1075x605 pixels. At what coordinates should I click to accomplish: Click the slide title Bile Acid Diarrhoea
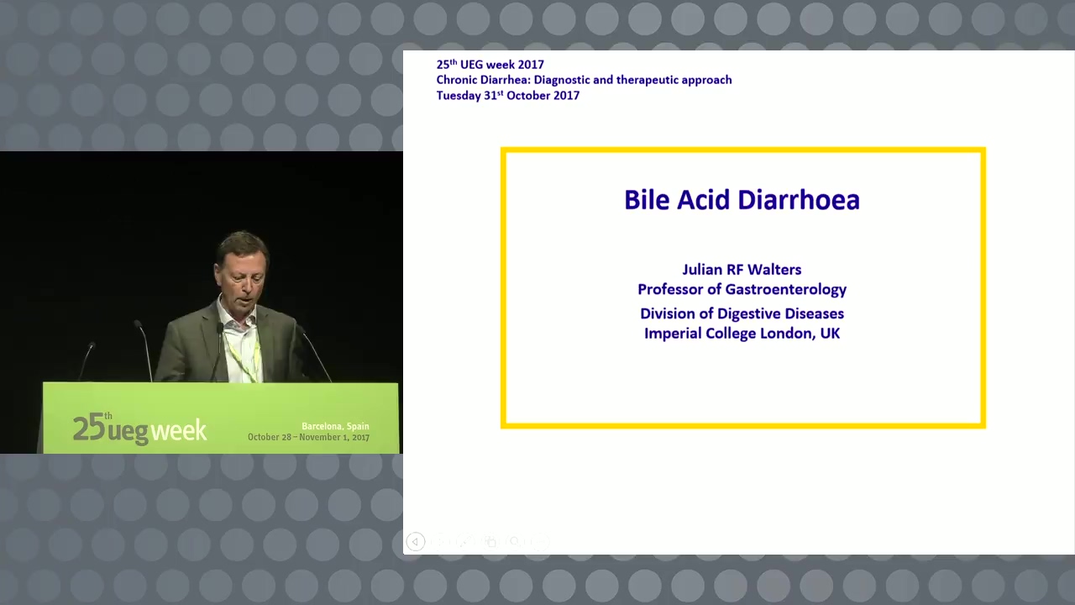click(x=742, y=200)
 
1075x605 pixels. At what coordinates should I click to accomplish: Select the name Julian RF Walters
click(x=742, y=270)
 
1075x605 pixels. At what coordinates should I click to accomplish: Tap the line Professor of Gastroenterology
click(x=742, y=290)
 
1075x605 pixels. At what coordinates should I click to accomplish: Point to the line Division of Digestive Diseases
click(x=742, y=313)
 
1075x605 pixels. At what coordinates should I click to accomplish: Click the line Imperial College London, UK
click(x=742, y=334)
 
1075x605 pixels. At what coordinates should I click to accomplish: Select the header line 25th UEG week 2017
click(x=490, y=65)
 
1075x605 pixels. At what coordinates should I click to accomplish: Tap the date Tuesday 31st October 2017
click(x=508, y=95)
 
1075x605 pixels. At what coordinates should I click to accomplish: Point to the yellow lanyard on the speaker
click(x=244, y=358)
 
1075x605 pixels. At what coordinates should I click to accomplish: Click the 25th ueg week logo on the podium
click(x=139, y=429)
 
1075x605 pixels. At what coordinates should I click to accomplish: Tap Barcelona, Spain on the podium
click(x=335, y=426)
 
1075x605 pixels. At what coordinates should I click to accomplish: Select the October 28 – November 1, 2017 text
click(x=308, y=437)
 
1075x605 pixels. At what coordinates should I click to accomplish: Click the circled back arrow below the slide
click(x=416, y=542)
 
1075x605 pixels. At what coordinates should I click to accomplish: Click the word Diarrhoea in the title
click(x=799, y=200)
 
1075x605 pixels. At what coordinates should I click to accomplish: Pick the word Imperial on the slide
click(x=673, y=334)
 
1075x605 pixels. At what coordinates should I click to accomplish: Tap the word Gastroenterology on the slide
click(x=785, y=290)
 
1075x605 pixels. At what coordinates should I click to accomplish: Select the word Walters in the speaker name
click(x=774, y=270)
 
